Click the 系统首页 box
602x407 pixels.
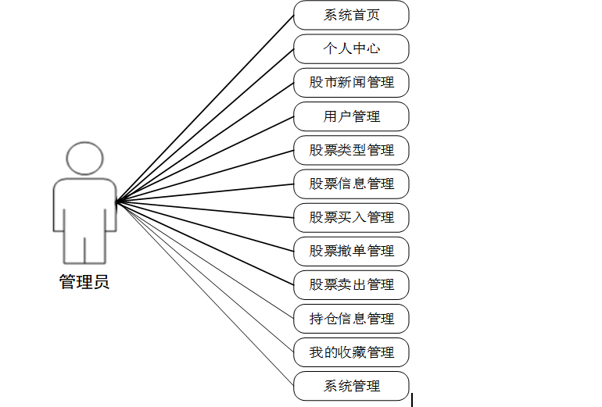pyautogui.click(x=351, y=15)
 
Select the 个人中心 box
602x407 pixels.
pyautogui.click(x=351, y=48)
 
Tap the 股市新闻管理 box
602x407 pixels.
pyautogui.click(x=351, y=82)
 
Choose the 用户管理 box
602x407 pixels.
pyautogui.click(x=351, y=116)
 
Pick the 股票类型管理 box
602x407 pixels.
pyautogui.click(x=351, y=150)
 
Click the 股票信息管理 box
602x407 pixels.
pyautogui.click(x=351, y=184)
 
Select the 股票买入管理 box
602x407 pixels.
pyautogui.click(x=351, y=217)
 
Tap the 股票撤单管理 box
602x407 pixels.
pyautogui.click(x=351, y=251)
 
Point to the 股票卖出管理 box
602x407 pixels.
pyautogui.click(x=351, y=284)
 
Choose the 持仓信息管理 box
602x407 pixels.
pyautogui.click(x=351, y=319)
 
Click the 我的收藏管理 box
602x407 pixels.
pyautogui.click(x=351, y=352)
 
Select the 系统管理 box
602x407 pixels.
pyautogui.click(x=351, y=386)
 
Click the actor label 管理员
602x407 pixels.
pyautogui.click(x=84, y=282)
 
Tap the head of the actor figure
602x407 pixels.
pyautogui.click(x=84, y=158)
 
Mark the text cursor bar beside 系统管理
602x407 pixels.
pyautogui.click(x=412, y=399)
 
